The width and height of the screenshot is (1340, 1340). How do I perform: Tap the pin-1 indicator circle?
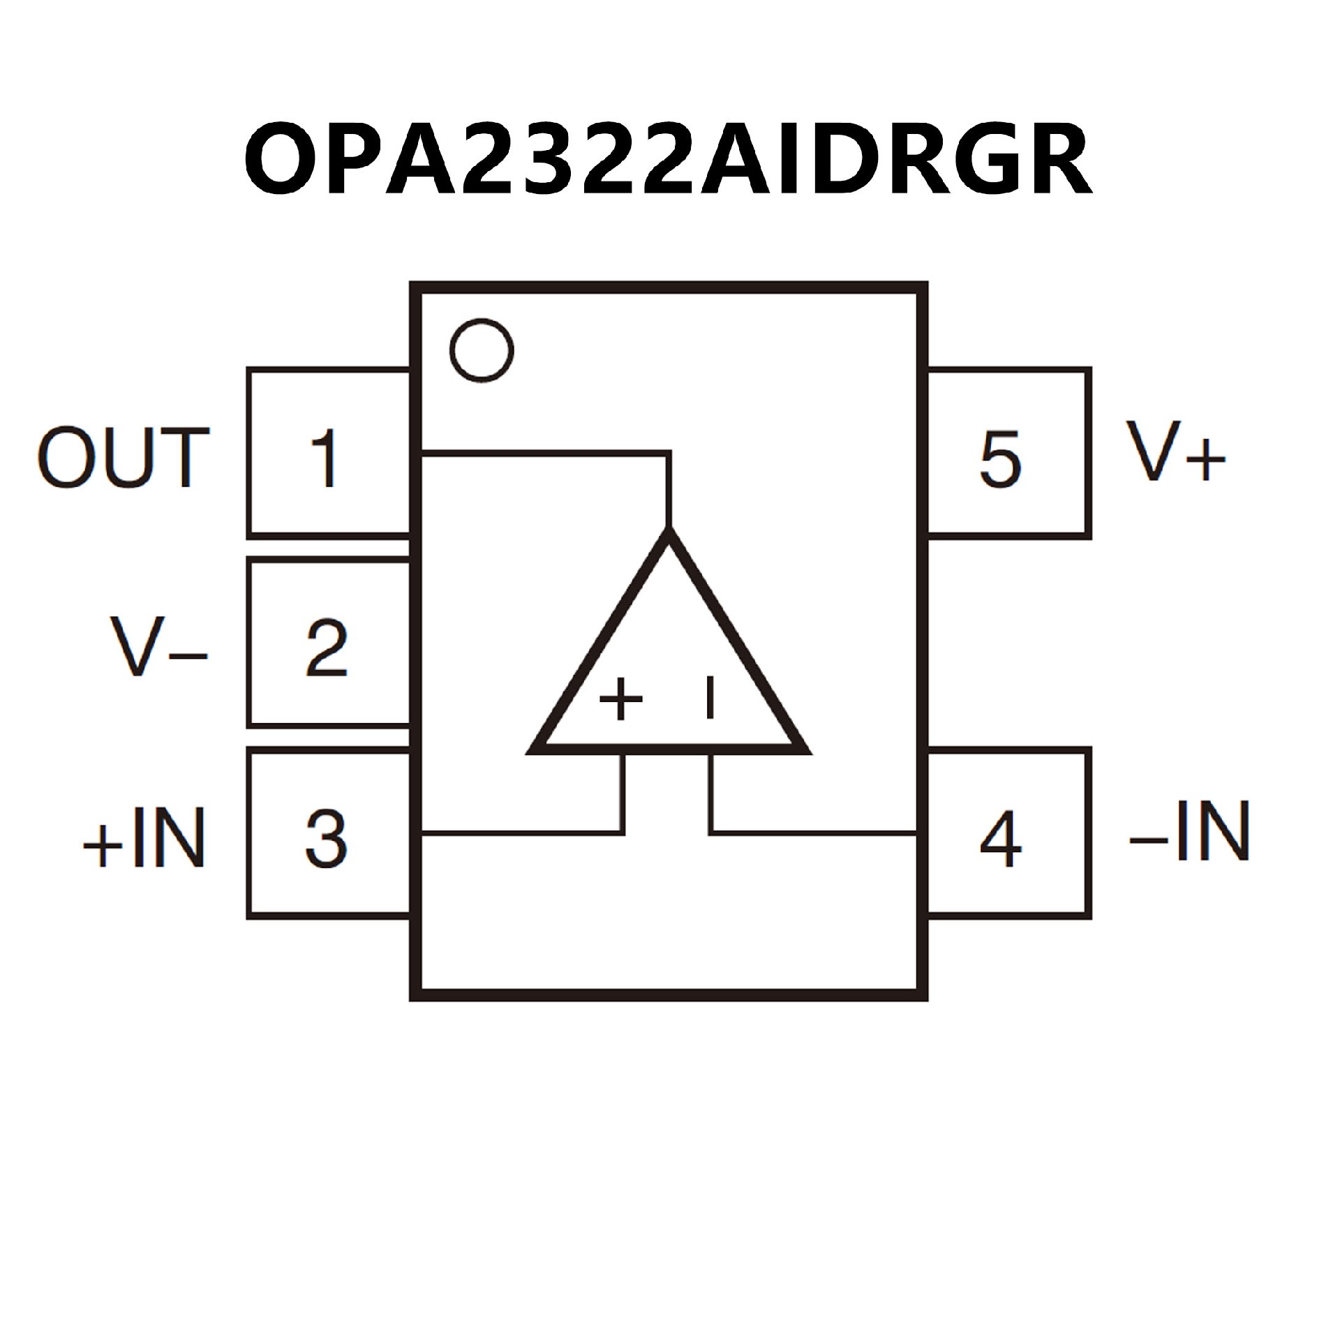[x=482, y=350]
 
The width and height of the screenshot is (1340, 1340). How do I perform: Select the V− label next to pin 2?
[x=158, y=646]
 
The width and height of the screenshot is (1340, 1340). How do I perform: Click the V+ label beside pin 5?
[x=1175, y=452]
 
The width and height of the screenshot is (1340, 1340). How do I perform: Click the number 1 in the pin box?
[x=325, y=458]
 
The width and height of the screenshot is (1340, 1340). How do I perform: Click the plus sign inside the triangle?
[x=620, y=699]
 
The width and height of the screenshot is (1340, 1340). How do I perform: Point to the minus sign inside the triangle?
[x=710, y=697]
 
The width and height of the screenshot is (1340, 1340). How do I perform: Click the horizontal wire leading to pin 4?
[x=813, y=832]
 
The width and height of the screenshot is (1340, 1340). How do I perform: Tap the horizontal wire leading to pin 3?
[x=523, y=832]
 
